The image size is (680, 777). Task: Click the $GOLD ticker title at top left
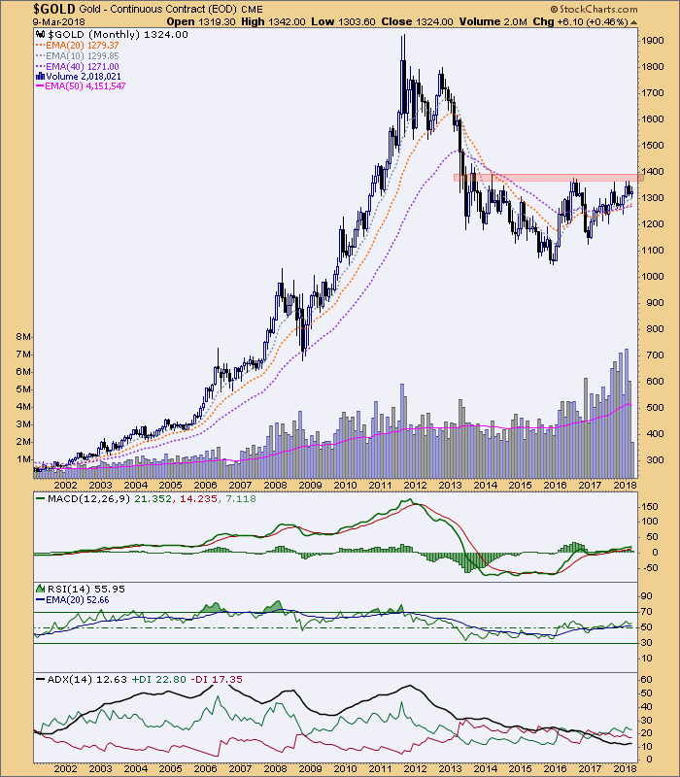[x=32, y=8]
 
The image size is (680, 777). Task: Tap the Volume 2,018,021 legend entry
[x=78, y=76]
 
